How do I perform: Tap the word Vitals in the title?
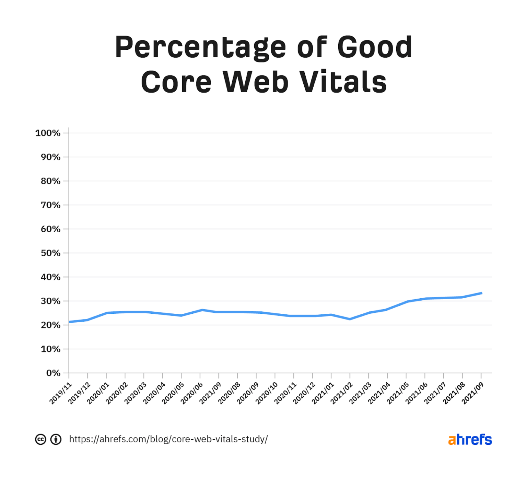point(343,82)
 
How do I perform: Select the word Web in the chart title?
point(256,82)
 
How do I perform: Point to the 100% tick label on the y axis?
point(48,133)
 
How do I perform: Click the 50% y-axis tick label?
point(50,253)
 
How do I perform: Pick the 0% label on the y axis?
point(53,373)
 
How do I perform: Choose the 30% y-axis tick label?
point(50,301)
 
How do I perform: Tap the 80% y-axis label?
point(50,181)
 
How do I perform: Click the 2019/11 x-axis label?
point(61,393)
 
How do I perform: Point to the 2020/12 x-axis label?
point(304,393)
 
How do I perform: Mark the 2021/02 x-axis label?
point(342,393)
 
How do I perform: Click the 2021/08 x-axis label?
point(454,393)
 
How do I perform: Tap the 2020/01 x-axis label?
point(98,393)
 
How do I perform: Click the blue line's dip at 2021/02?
point(350,319)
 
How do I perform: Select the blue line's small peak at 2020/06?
point(202,310)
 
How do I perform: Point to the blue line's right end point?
point(481,293)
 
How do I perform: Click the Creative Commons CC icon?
point(40,439)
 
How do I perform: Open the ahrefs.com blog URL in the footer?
point(168,439)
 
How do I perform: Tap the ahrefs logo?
point(470,439)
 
